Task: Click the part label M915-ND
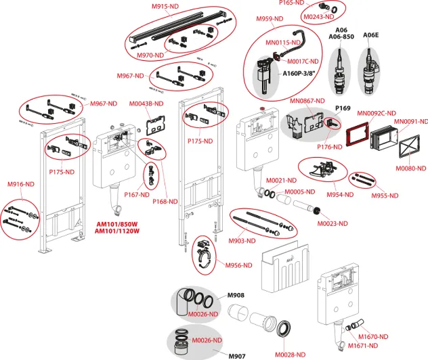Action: point(165,6)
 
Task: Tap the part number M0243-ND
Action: point(320,17)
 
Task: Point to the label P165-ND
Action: point(311,3)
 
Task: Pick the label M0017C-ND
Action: point(304,61)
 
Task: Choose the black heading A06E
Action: point(371,35)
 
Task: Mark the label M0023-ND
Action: point(332,223)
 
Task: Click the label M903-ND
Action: point(242,240)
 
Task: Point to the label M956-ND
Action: point(239,265)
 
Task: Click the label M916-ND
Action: point(21,184)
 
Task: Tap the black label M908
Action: point(235,295)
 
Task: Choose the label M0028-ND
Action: point(291,354)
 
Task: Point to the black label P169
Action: point(343,108)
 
